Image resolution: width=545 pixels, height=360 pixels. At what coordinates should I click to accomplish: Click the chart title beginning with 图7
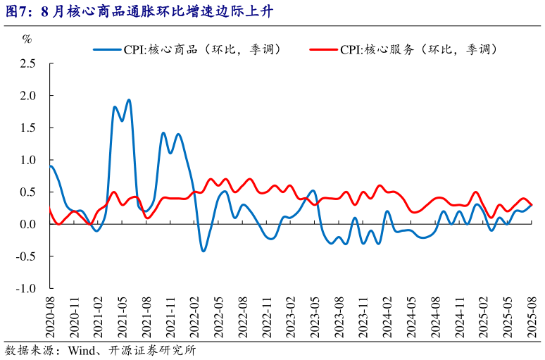coord(141,11)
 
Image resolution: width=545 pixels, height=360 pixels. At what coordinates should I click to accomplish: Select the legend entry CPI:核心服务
coord(420,49)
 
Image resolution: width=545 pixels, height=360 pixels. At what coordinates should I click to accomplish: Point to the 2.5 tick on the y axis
coord(27,63)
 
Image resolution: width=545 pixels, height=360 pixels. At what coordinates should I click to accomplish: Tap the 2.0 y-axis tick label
coord(27,96)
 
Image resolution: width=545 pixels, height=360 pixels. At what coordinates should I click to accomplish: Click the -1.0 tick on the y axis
coord(26,289)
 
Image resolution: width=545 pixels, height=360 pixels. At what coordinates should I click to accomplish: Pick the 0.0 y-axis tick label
coord(27,225)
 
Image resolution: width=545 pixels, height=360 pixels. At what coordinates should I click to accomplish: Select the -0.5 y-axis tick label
coord(26,256)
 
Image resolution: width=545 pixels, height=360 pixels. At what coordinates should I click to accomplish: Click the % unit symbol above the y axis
coord(27,39)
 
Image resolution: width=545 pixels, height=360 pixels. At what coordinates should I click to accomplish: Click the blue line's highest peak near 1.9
coord(129,100)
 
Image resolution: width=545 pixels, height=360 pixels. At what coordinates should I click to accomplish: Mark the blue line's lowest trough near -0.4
coord(203,251)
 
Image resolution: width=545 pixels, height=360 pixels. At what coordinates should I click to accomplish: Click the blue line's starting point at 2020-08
coord(51,166)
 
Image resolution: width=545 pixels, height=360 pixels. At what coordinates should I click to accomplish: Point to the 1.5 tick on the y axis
coord(27,128)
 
